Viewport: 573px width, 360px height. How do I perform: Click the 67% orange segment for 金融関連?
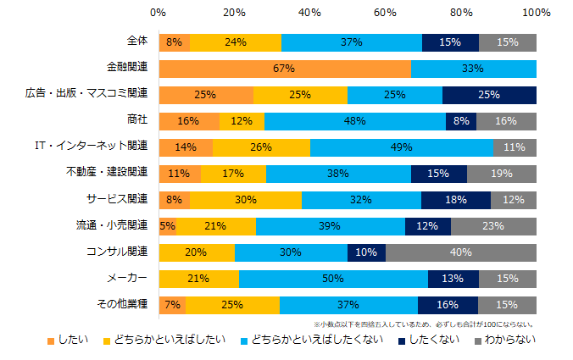[x=285, y=69]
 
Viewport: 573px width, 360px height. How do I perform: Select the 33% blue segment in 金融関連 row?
[x=474, y=69]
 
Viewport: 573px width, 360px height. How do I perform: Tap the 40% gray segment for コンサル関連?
[x=461, y=252]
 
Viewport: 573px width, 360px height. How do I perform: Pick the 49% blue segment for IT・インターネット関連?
[x=402, y=147]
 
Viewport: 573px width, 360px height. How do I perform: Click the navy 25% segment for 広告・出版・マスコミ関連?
[x=489, y=95]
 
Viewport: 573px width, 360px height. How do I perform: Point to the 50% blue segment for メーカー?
[x=333, y=279]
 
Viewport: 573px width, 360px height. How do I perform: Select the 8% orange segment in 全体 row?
[x=174, y=42]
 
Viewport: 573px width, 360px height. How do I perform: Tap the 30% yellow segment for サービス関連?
[x=245, y=200]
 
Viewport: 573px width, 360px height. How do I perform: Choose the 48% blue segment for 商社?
[x=355, y=121]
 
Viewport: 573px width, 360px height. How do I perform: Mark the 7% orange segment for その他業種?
[x=172, y=305]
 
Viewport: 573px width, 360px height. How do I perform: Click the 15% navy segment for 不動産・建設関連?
[x=439, y=174]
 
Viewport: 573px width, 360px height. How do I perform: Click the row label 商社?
[x=136, y=121]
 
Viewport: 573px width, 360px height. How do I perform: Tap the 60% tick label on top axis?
[x=385, y=14]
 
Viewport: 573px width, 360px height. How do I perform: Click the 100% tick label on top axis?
[x=536, y=14]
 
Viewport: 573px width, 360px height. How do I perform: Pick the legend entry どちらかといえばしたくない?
[x=319, y=341]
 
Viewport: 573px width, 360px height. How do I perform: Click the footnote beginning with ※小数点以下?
[x=423, y=324]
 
